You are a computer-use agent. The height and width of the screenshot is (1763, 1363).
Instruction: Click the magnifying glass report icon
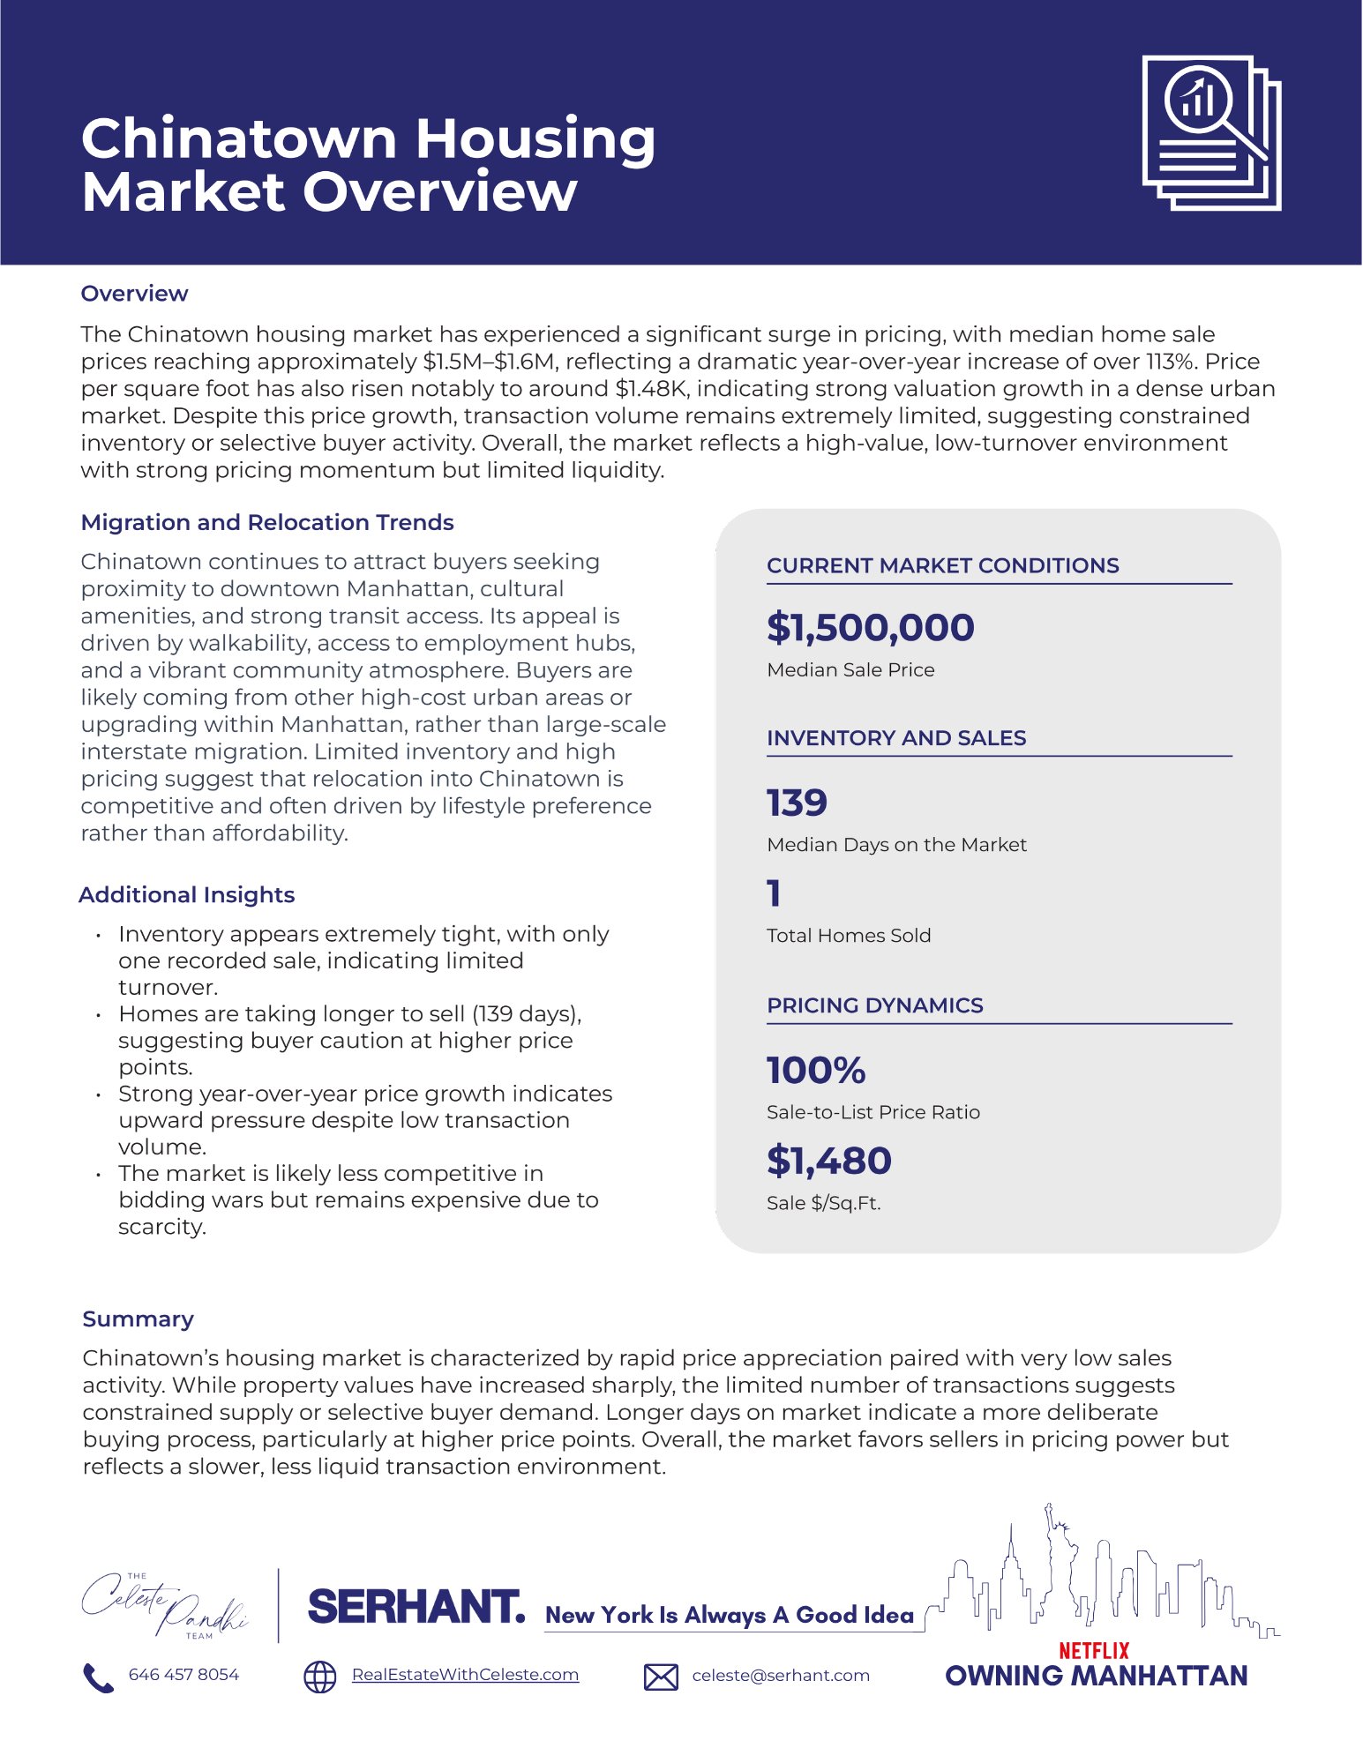[1211, 132]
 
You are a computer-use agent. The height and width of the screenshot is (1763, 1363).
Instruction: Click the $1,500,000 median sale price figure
[870, 627]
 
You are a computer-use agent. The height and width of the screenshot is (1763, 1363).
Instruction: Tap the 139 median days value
[797, 803]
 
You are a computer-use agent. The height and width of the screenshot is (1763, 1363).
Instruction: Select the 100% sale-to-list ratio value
[816, 1070]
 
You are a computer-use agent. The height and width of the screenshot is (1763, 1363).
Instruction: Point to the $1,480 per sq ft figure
[828, 1161]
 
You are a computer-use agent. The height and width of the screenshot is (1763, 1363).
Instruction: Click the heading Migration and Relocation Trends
[266, 522]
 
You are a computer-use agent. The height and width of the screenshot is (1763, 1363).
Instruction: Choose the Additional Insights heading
[186, 894]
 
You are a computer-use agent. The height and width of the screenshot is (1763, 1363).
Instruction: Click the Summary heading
[138, 1319]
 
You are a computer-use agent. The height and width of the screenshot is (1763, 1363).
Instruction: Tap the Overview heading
[134, 294]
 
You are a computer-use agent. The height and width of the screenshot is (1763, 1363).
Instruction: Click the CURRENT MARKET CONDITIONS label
[942, 565]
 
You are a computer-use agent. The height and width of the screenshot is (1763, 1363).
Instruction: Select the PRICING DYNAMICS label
[874, 1005]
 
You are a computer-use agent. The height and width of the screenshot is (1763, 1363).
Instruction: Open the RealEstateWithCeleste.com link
[465, 1675]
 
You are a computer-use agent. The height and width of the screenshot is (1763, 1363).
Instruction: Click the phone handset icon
[97, 1677]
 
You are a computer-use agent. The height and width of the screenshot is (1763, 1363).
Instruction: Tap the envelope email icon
[661, 1677]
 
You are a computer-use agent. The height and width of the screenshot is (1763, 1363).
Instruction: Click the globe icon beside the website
[319, 1677]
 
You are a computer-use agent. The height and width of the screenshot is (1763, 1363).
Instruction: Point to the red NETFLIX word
[1094, 1650]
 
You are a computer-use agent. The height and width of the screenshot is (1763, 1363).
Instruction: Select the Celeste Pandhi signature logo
[164, 1605]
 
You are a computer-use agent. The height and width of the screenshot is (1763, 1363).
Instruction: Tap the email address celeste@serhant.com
[781, 1676]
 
